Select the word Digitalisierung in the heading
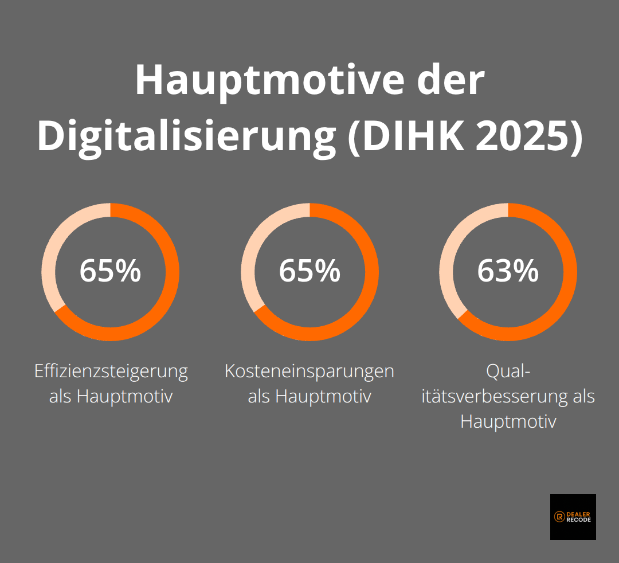(186, 136)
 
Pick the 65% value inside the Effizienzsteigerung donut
(110, 271)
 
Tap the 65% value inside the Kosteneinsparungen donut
(309, 271)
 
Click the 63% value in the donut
(508, 271)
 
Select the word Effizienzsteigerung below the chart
(111, 371)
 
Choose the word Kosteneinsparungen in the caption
(309, 371)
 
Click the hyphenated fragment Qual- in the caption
(508, 371)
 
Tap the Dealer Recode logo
(573, 517)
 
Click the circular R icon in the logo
(559, 517)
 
